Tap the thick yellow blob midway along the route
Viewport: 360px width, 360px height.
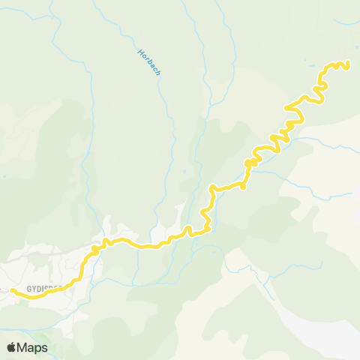click(x=251, y=161)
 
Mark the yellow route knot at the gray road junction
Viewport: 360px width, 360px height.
click(x=95, y=248)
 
